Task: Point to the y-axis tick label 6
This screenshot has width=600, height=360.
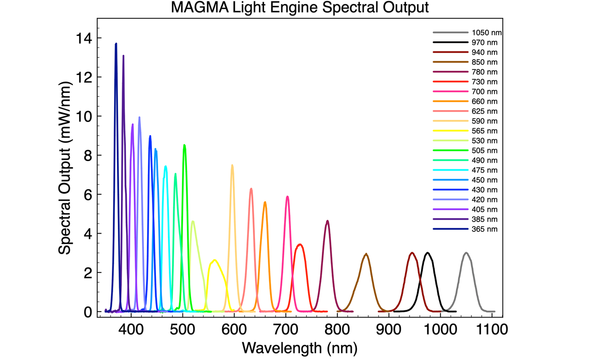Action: [87, 195]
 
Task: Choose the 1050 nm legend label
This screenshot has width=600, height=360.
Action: [487, 33]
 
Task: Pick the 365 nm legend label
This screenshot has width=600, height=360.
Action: [485, 229]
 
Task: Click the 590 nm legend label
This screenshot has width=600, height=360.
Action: [485, 121]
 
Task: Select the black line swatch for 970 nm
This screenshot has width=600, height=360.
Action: [450, 42]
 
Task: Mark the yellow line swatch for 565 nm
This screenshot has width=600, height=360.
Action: [450, 131]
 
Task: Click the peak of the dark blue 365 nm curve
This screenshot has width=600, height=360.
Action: [116, 43]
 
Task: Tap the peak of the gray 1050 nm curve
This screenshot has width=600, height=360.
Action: [466, 253]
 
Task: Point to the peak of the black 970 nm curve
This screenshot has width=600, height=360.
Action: [427, 253]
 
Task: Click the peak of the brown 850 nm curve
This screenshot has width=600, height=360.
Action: [366, 254]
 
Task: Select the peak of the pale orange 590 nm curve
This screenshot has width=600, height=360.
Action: [232, 165]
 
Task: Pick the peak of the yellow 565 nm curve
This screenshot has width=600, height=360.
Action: [214, 260]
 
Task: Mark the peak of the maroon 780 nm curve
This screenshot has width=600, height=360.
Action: [327, 221]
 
